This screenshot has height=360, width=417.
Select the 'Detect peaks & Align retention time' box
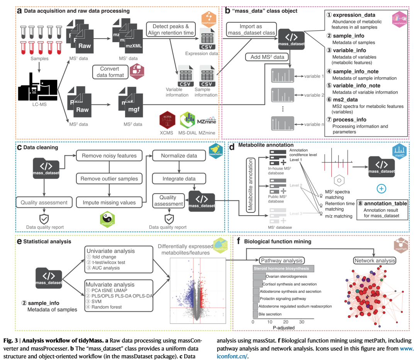pyautogui.click(x=170, y=29)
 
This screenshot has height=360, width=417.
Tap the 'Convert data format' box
pyautogui.click(x=109, y=72)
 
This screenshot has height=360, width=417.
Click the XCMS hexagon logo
pyautogui.click(x=167, y=121)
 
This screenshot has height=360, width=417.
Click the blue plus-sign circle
pyautogui.click(x=381, y=189)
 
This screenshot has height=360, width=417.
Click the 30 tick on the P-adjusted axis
pyautogui.click(x=301, y=321)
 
